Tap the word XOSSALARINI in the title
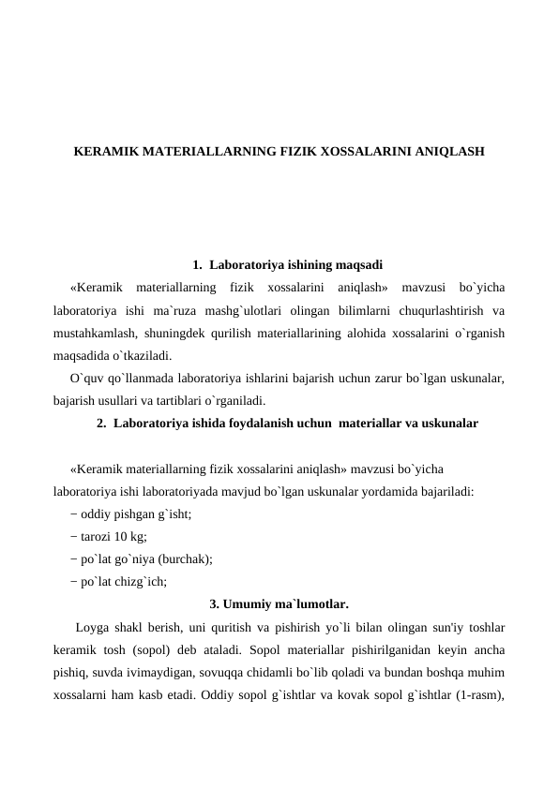coord(362,150)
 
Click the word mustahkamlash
coord(93,333)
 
